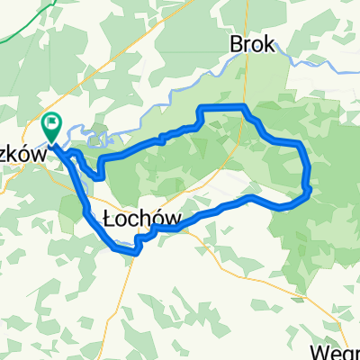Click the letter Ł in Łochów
click(x=111, y=219)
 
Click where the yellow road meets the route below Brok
click(x=241, y=107)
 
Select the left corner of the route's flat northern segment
click(x=200, y=108)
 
